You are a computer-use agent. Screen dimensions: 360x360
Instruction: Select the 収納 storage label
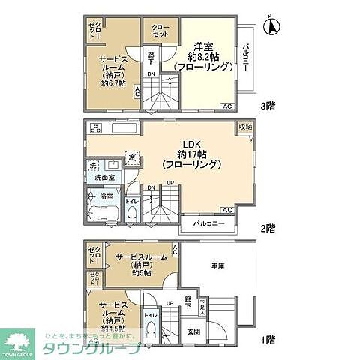pos(246,127)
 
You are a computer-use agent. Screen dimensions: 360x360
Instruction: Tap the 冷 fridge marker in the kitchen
pos(132,157)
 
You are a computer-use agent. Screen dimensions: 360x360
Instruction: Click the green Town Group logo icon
pos(19,340)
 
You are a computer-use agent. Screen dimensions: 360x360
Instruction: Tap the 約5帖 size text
pos(140,273)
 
